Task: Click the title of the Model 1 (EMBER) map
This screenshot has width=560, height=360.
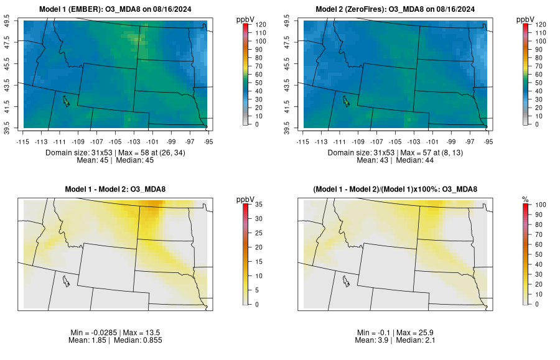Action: (118, 9)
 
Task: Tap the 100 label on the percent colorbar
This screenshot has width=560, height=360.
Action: (541, 204)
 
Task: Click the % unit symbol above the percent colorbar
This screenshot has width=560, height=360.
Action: (525, 199)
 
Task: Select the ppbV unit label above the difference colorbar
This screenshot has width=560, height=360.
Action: (246, 199)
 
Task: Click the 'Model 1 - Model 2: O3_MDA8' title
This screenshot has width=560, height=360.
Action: (118, 189)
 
